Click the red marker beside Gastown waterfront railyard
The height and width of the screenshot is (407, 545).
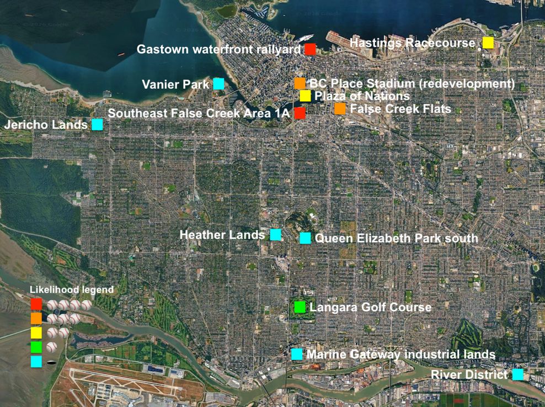(x=310, y=49)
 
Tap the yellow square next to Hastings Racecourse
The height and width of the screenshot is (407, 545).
(x=488, y=43)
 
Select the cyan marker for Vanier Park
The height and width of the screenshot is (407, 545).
(x=218, y=84)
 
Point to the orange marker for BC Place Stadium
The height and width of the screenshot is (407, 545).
(x=300, y=83)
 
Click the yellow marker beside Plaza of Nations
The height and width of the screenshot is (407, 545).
(x=305, y=96)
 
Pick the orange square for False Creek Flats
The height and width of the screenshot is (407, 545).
(x=340, y=109)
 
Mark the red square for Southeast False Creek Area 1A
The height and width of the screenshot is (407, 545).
(x=300, y=113)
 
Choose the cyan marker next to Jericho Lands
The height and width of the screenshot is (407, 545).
(x=97, y=125)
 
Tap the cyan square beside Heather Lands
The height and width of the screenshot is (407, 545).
(x=275, y=235)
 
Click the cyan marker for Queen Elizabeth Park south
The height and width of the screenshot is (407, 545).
(x=305, y=238)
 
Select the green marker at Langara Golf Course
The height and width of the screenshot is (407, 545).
(x=300, y=306)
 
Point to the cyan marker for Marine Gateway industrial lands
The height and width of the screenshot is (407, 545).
(x=297, y=354)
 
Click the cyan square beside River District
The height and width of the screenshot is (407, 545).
(x=517, y=374)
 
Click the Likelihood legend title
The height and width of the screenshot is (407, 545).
(x=72, y=289)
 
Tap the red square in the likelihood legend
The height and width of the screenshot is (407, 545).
(x=36, y=304)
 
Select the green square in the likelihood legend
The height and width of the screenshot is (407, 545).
(x=36, y=347)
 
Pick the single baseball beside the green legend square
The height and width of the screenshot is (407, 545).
(x=52, y=347)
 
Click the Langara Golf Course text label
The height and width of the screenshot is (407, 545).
(x=371, y=306)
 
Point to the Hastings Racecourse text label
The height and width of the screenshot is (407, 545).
(x=413, y=43)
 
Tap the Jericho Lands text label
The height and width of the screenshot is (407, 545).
(x=46, y=125)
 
